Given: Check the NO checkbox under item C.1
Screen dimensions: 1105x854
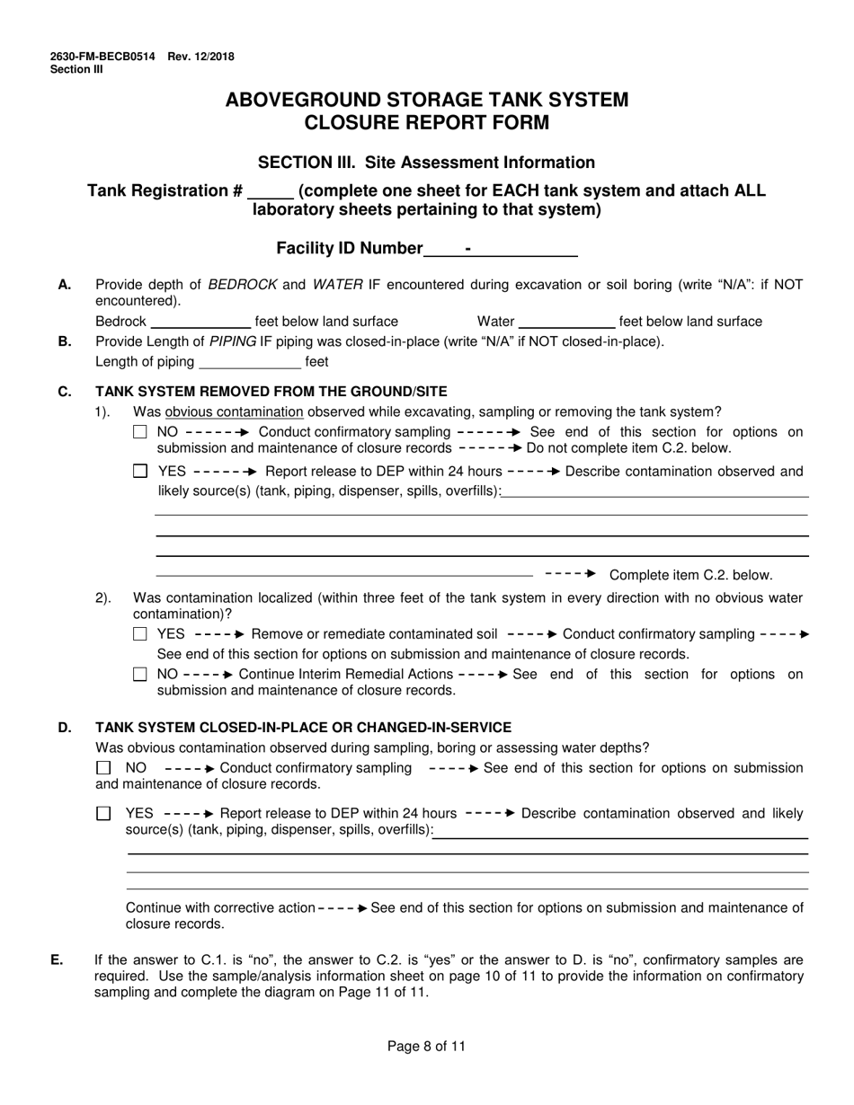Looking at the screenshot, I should pos(139,432).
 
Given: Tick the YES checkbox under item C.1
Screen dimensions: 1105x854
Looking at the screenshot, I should pos(139,471).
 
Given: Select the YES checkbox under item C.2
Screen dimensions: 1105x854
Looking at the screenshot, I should pos(139,634).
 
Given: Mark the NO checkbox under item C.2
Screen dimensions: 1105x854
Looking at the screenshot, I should pos(139,675).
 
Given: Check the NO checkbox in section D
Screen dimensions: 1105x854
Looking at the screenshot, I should pos(103,768).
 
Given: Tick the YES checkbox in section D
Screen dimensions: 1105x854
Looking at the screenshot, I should pos(103,813).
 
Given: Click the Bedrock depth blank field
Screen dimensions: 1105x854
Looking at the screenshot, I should pos(200,322).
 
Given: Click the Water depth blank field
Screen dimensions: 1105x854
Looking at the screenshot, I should pos(566,322).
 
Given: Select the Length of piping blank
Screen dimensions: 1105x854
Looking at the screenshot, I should pos(249,362).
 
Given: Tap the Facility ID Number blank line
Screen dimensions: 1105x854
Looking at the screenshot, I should pos(500,249).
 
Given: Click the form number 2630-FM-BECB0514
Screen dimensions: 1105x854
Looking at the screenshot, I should pos(102,57).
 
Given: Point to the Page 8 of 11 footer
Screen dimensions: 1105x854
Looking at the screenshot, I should pos(426,1046).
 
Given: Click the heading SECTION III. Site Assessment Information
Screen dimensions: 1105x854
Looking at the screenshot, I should pos(426,163).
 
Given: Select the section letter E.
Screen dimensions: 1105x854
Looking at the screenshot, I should pos(57,960).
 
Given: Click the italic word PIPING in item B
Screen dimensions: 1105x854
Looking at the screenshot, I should pos(233,341).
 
